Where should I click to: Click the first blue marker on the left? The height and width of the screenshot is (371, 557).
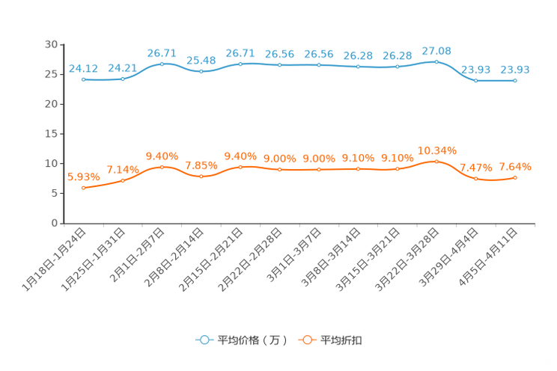(84, 79)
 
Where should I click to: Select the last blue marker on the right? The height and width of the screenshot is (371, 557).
(515, 80)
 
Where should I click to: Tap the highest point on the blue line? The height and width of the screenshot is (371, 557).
(436, 61)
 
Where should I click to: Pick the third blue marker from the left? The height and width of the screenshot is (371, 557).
(162, 64)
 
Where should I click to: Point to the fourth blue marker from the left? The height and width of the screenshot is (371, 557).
(201, 72)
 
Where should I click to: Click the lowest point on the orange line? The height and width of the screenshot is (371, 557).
(84, 188)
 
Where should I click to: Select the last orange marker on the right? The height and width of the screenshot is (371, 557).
(515, 177)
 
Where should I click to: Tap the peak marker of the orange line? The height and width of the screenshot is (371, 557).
(436, 161)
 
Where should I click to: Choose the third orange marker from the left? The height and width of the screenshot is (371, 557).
(162, 167)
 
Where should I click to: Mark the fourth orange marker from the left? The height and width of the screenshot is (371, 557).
(201, 176)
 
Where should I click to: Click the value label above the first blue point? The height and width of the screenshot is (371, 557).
(82, 68)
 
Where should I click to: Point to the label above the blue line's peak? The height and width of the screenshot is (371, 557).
(437, 50)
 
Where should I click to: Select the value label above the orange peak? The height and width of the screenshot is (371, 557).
(437, 150)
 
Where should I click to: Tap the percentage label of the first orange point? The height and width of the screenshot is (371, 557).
(82, 177)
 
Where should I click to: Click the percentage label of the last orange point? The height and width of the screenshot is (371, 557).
(515, 165)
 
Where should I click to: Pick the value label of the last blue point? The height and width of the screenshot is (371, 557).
(515, 70)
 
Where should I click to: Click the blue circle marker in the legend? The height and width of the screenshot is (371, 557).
(203, 340)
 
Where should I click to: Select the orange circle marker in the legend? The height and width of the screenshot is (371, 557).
(306, 340)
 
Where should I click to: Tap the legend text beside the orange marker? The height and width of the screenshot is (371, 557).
(342, 340)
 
